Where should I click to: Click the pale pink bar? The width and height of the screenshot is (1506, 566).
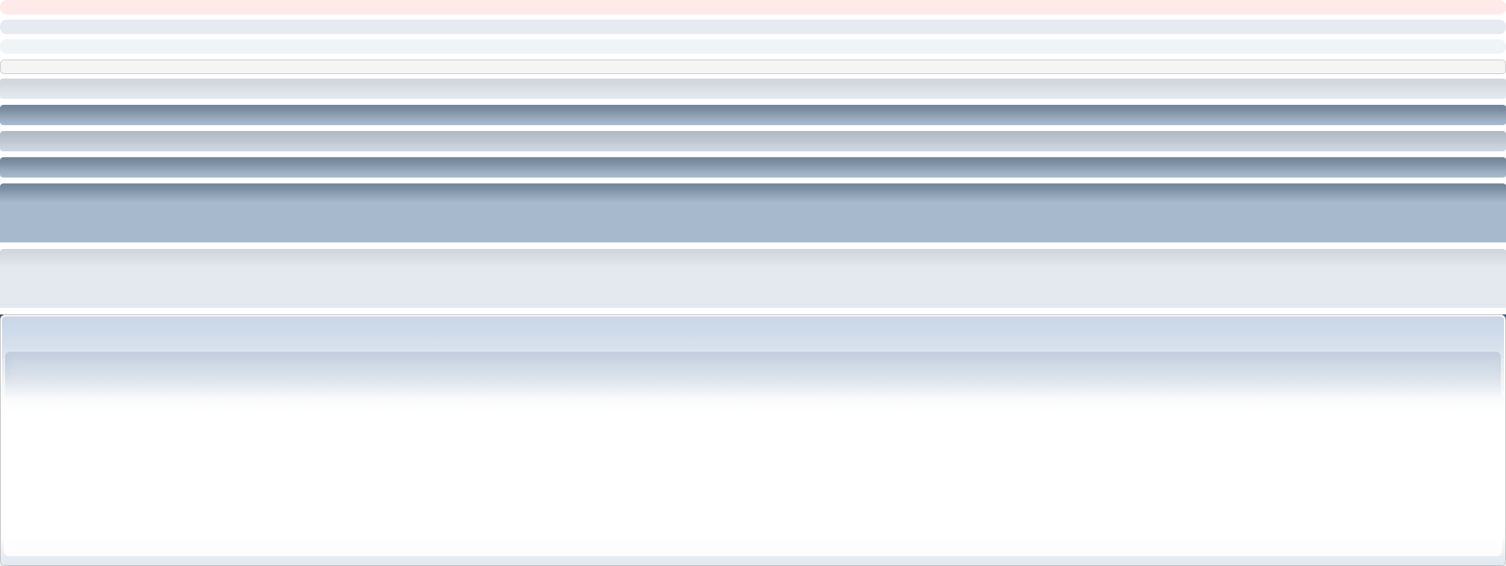753,7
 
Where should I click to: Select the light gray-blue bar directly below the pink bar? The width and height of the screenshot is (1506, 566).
753,27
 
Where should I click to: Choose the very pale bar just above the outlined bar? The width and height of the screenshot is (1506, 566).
753,47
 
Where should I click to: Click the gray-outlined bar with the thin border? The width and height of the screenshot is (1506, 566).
753,67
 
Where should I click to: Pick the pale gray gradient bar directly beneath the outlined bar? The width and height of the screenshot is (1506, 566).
753,89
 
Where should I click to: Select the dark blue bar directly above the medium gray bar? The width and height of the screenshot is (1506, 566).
753,115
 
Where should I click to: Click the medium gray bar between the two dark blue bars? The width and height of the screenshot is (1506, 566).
753,141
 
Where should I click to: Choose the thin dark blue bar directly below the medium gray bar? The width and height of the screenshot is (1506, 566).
753,167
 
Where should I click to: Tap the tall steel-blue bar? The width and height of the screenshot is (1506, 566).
753,213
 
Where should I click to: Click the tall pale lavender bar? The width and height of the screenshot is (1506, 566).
753,278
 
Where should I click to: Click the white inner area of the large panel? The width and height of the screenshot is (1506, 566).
753,472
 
